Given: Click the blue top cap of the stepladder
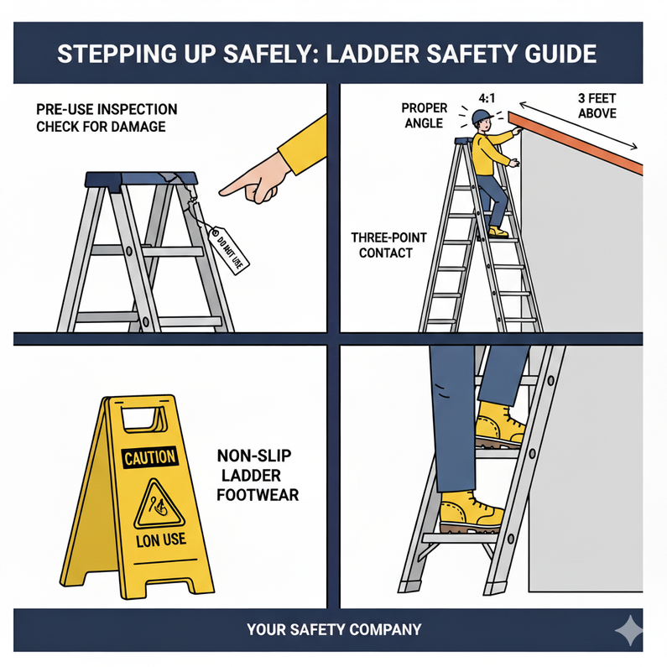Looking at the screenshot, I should (141, 179).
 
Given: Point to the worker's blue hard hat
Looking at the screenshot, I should (479, 117).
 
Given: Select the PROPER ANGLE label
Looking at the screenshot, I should (425, 116).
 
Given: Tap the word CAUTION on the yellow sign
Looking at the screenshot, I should (149, 457).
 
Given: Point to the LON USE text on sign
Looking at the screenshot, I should (161, 539).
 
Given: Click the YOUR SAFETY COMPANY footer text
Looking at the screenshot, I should (334, 628).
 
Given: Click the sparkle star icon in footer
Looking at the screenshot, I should (628, 630).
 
